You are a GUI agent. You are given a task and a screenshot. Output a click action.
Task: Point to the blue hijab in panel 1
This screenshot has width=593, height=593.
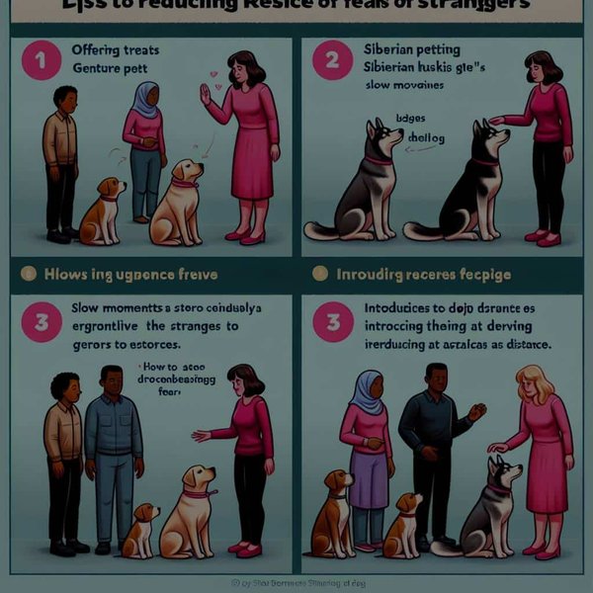point(144,96)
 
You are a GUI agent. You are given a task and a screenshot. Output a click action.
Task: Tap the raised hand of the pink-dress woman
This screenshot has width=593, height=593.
point(205,94)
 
